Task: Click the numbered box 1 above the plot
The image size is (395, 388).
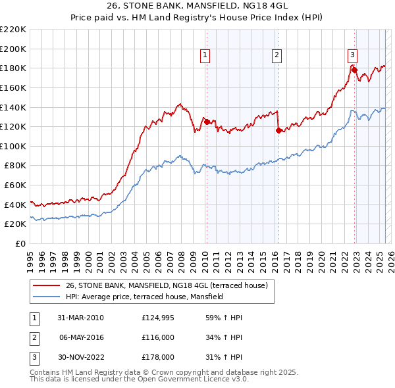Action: coord(206,56)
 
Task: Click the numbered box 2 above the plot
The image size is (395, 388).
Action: coord(276,56)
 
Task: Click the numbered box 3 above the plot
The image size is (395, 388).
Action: coord(353,55)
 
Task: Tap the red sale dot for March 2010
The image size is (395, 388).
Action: coord(207,122)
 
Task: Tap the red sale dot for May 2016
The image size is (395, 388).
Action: coord(278,130)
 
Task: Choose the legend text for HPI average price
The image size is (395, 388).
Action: coord(144,297)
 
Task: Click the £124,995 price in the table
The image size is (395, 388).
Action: coord(159,318)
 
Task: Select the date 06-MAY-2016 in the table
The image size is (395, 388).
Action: coord(82,337)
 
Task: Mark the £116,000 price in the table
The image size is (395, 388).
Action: coord(159,337)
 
